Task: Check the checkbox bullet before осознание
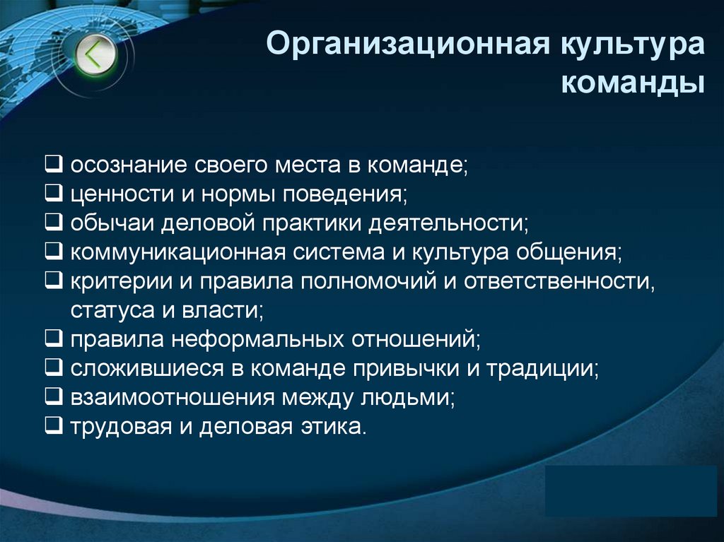coord(54,165)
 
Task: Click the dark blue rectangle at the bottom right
coord(631,490)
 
